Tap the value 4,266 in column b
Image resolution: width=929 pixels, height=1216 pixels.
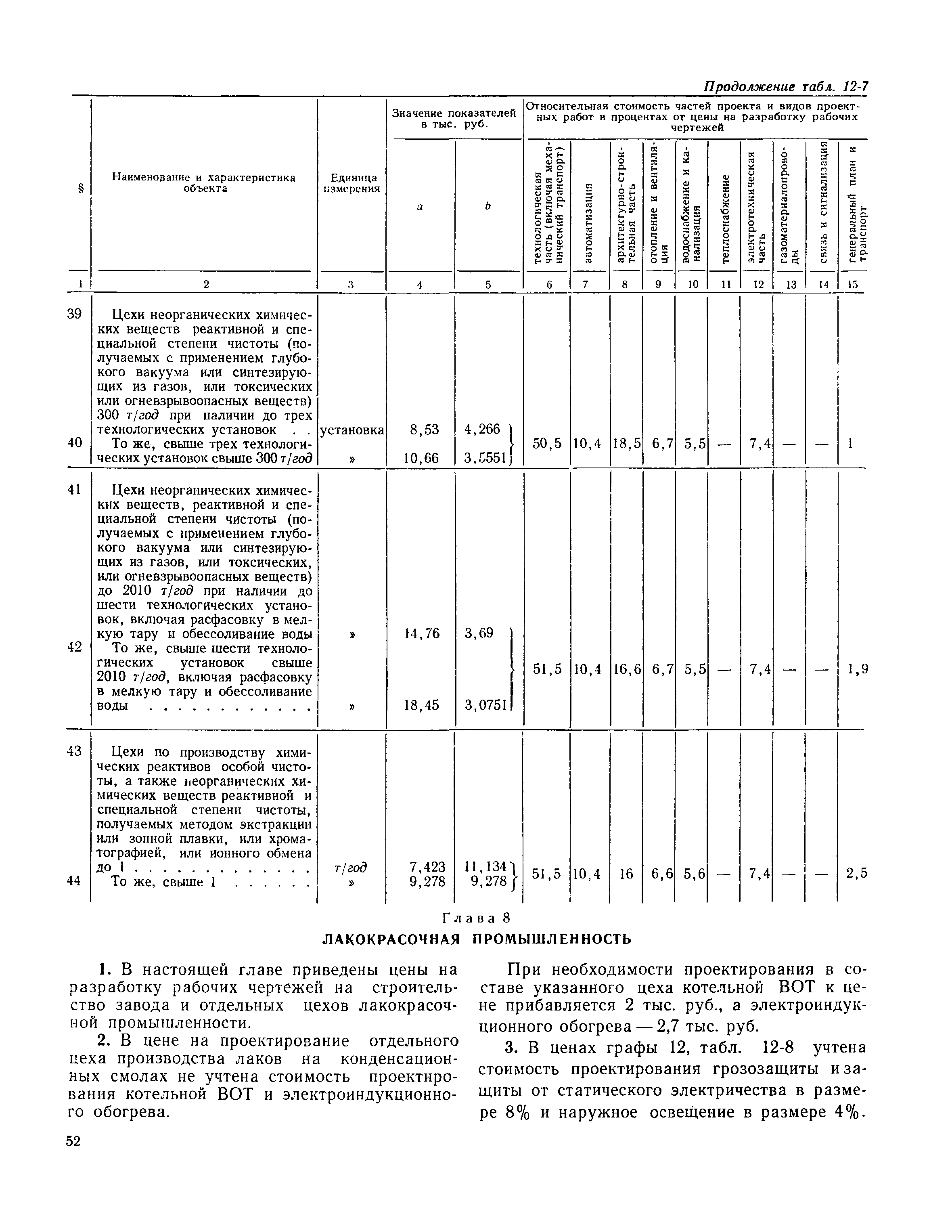click(x=483, y=429)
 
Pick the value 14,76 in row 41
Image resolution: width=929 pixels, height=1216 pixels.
click(x=421, y=633)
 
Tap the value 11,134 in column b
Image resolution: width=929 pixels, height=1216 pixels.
click(x=486, y=866)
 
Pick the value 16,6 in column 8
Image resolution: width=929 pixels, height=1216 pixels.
click(x=626, y=669)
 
